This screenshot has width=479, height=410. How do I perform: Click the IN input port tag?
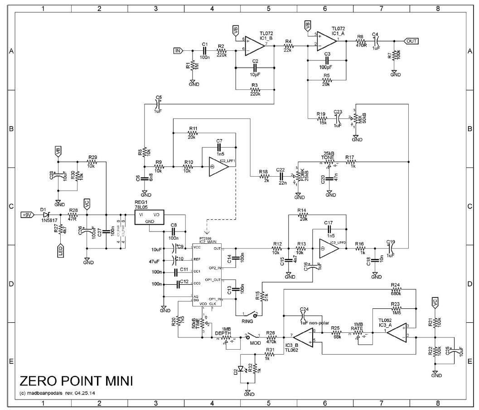pyautogui.click(x=178, y=50)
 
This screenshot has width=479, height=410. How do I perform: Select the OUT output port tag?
pyautogui.click(x=411, y=41)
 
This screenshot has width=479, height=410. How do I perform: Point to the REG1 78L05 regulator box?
pyautogui.click(x=149, y=217)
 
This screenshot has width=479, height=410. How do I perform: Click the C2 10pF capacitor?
pyautogui.click(x=255, y=67)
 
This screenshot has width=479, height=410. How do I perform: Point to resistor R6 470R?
pyautogui.click(x=360, y=41)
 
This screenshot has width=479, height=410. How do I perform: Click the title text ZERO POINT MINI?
pyautogui.click(x=76, y=380)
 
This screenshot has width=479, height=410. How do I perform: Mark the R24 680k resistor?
pyautogui.click(x=395, y=289)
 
